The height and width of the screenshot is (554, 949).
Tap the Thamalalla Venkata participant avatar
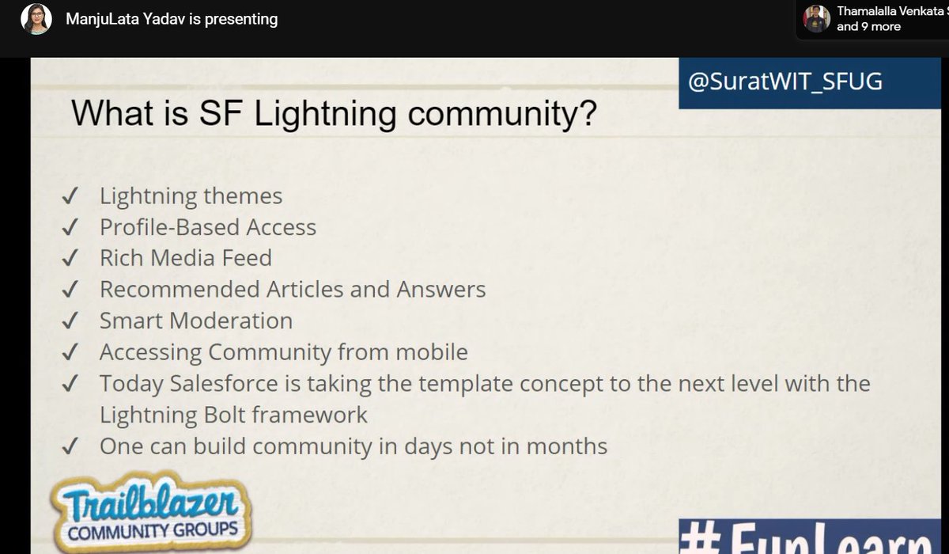816,19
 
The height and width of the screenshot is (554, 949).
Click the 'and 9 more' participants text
868,27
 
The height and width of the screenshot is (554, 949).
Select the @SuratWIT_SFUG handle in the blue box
785,82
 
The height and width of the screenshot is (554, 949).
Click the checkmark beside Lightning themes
69,196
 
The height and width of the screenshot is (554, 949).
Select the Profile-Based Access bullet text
207,228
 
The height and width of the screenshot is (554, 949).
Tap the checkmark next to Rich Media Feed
69,259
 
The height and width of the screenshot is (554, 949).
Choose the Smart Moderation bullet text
195,321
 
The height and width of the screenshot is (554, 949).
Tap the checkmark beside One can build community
69,446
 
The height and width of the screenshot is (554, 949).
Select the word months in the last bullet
566,446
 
